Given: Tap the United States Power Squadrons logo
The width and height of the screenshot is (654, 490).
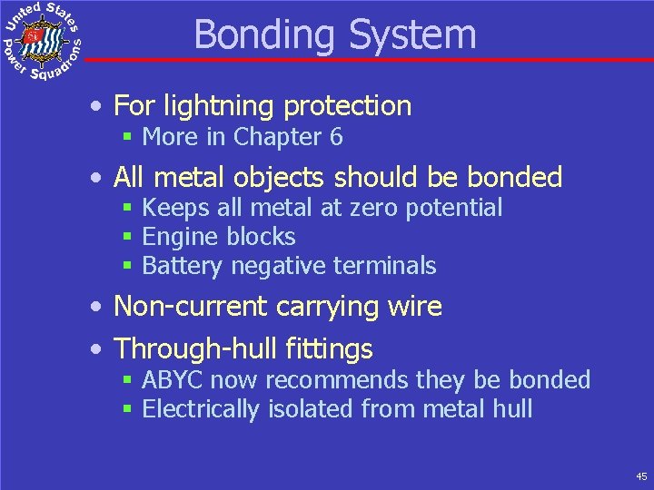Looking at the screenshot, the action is [42, 42].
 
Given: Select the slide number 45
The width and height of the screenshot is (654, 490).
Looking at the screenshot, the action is [641, 475].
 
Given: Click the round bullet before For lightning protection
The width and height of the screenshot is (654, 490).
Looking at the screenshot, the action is [96, 107].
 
